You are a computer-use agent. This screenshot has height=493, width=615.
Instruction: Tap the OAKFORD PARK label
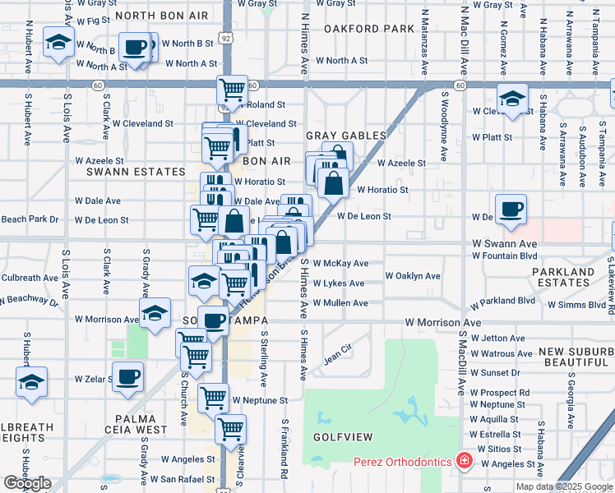pos(357,29)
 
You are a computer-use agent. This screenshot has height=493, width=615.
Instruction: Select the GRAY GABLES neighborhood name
pos(345,136)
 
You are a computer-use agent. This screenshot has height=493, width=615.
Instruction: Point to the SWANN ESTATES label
pos(136,172)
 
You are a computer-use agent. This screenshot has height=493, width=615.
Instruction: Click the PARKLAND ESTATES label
pos(562,277)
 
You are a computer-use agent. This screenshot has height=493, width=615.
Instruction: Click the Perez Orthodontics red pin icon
pos(465,461)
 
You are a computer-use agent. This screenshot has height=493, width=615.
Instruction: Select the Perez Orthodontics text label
pos(403,462)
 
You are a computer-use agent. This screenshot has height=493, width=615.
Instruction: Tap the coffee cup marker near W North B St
pos(135,46)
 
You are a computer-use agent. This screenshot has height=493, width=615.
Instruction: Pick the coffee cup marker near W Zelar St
pos(127,376)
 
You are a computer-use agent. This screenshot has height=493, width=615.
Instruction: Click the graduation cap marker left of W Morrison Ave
pos(155,312)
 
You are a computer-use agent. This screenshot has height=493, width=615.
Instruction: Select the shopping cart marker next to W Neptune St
pos(213,397)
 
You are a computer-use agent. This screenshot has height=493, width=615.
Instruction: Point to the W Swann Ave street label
pos(504,244)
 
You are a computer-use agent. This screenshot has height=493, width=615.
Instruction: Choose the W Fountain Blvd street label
pos(505,256)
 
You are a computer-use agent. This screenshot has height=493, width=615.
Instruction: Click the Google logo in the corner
pos(27,483)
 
